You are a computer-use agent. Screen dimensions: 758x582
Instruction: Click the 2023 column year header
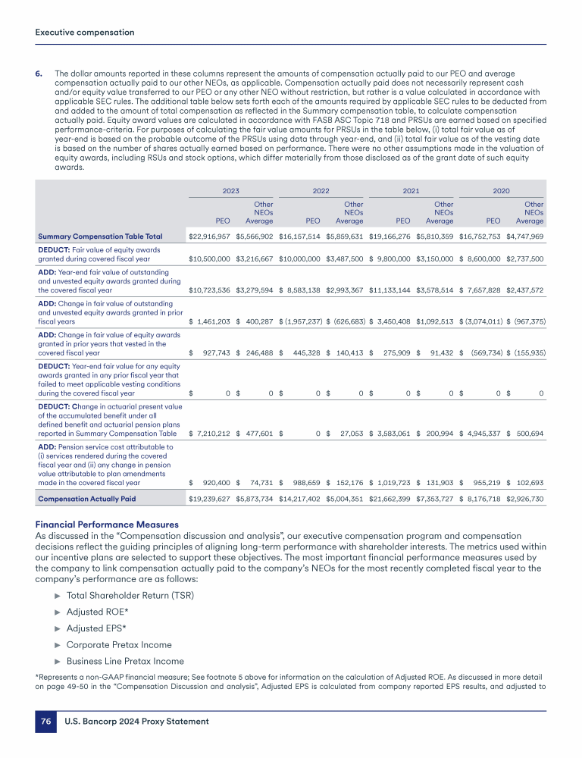point(230,193)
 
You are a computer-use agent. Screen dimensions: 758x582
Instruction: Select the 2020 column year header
point(501,193)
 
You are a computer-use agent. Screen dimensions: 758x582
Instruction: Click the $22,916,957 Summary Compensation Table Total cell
point(209,236)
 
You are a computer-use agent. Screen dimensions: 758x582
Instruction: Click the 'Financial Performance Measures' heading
point(107,525)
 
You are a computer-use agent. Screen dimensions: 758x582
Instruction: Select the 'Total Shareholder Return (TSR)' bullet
point(130,595)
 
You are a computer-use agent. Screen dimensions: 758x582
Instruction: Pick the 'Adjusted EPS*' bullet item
point(96,628)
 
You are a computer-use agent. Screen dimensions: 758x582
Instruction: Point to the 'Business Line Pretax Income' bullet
point(124,661)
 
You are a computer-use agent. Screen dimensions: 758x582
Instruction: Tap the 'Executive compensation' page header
point(85,33)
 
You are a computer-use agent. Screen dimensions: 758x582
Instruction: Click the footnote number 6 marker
point(39,74)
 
